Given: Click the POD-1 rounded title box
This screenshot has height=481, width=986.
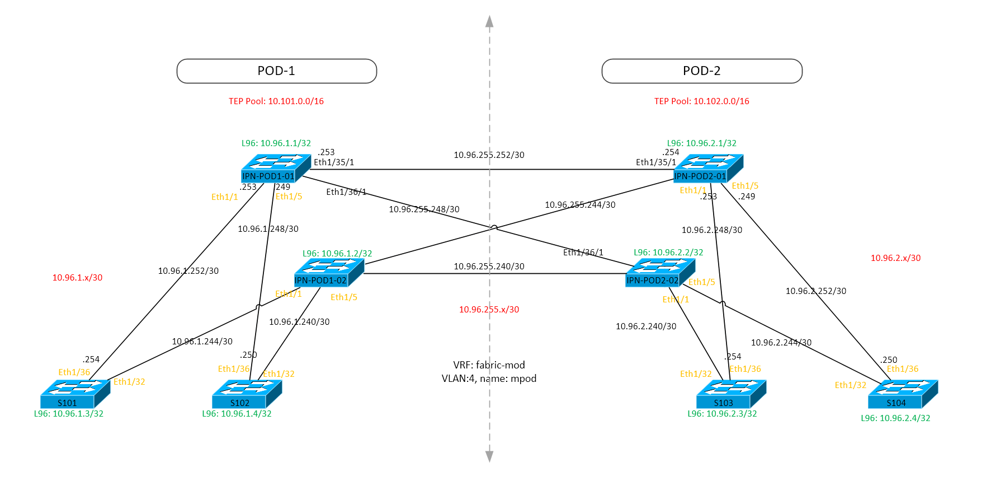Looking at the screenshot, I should point(276,71).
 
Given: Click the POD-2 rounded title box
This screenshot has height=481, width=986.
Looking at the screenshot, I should point(701,71).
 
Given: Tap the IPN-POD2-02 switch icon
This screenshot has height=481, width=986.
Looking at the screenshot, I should point(659,272).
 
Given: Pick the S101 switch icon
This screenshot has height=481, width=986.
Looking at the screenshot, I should point(74,394).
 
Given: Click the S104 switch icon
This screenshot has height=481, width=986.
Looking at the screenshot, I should point(902,394).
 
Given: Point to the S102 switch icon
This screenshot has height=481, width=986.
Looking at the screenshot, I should point(246,394).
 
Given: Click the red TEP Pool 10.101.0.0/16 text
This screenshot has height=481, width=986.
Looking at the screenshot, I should point(276,101).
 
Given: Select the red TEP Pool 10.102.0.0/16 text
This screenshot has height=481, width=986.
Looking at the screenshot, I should point(701,101).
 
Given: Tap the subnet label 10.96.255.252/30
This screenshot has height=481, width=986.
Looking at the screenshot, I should point(489,155).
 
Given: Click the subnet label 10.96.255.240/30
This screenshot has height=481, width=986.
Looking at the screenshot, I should point(489,267).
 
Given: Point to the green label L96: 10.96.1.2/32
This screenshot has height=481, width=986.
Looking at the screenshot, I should point(337,254).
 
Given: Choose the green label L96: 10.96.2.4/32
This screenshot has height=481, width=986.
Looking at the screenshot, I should point(895,418).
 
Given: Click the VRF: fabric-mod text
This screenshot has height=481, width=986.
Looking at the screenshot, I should point(489,365).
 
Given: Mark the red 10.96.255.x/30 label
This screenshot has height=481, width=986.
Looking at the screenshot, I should point(489,310).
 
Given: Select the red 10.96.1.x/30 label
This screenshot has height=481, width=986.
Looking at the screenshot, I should point(77,278).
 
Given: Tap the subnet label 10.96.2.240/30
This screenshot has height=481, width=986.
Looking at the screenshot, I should point(646,326).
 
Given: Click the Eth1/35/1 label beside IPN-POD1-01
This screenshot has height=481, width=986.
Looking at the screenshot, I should point(334,162).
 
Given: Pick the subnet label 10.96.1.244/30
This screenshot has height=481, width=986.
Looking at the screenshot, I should point(202,342).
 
